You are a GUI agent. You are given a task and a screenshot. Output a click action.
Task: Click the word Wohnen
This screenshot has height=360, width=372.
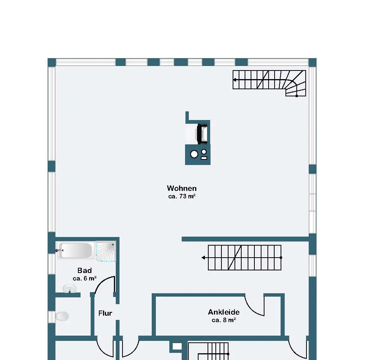coord(182,188)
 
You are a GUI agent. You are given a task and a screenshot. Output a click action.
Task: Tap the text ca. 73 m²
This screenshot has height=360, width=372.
coord(182,196)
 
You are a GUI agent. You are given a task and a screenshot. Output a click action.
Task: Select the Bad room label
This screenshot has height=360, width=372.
coord(84,270)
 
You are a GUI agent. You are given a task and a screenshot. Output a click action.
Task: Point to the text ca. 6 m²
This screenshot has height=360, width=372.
coord(84,278)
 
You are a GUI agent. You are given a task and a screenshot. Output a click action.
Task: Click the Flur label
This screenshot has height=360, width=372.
coord(105,313)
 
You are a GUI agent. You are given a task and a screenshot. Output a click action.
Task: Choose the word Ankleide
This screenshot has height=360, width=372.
coord(224,312)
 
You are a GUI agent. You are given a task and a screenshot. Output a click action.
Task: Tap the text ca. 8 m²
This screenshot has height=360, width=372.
coord(224,320)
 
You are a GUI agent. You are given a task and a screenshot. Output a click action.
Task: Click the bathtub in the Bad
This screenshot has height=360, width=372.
coord(75,250)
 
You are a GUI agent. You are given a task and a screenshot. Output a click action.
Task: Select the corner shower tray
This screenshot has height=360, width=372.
coord(106,252)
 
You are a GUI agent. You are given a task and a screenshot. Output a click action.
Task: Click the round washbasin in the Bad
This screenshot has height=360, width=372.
coord(69,288)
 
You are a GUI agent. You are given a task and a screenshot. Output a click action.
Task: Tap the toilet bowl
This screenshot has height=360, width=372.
coord(62,316)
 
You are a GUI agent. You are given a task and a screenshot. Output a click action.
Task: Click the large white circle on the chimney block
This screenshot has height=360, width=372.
coord(194,154)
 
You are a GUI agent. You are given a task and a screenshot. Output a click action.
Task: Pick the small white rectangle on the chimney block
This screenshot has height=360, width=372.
coord(204,158)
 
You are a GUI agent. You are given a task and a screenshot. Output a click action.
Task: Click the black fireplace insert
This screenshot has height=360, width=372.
coord(202,134)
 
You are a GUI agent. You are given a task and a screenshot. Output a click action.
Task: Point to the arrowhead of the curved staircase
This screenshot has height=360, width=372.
coord(235,80)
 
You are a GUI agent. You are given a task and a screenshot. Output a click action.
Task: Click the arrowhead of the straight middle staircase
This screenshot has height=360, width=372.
coord(203,258)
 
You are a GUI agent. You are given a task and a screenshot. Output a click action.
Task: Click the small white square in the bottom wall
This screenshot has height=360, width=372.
coord(177,346)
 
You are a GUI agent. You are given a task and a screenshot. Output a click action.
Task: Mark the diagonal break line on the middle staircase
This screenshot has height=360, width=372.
coord(235,258)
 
